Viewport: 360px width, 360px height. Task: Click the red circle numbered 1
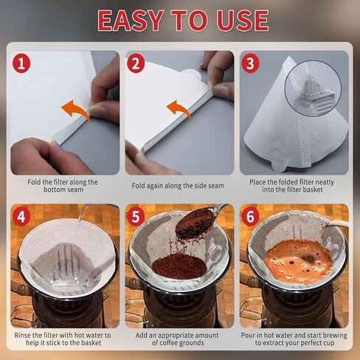[22, 63]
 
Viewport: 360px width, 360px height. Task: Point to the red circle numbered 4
[22, 218]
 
